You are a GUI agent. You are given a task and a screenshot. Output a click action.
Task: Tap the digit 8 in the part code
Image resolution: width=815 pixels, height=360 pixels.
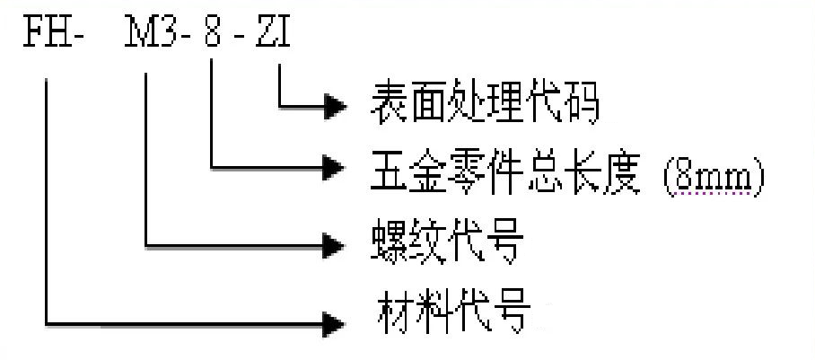pyautogui.click(x=214, y=37)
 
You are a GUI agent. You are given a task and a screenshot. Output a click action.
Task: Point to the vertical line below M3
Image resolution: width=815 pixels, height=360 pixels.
pyautogui.click(x=145, y=162)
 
